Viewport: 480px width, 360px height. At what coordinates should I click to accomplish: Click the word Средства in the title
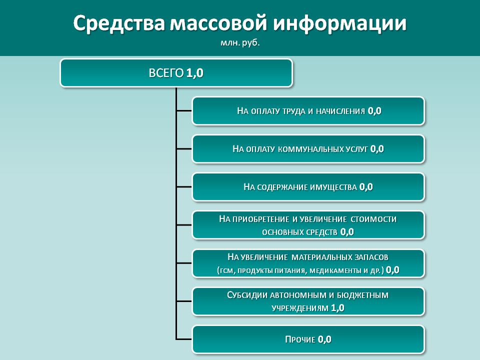119,23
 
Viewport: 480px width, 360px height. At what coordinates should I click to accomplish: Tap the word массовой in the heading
218,23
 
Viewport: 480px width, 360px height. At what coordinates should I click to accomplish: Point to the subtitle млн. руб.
240,42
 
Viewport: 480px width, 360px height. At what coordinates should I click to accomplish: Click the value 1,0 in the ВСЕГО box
194,73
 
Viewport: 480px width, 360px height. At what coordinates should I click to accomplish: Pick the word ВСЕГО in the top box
166,73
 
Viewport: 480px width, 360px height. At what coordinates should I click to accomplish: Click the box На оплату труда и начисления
308,111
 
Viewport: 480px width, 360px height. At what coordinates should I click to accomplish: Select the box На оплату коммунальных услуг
308,149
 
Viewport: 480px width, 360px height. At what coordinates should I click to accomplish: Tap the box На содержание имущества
308,186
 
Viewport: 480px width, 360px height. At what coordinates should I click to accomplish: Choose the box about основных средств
308,225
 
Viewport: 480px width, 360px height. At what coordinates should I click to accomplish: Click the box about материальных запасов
308,263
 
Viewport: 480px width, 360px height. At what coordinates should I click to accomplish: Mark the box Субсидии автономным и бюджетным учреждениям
308,301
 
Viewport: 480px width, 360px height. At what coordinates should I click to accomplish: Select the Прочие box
308,339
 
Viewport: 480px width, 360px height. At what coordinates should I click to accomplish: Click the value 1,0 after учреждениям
337,307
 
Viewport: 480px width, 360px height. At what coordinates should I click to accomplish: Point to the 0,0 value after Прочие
324,339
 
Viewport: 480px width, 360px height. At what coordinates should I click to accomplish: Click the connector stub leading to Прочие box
184,339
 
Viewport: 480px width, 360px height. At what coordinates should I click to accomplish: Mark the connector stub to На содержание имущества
184,186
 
